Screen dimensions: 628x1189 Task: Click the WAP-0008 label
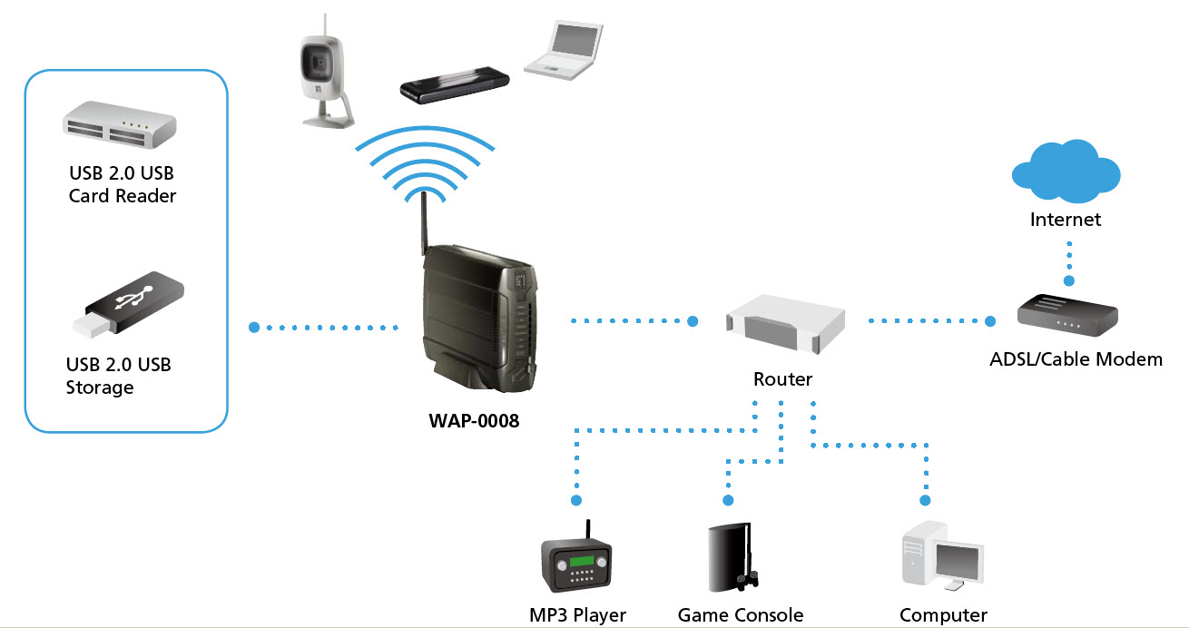474,421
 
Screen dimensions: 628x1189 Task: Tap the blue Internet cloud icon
1066,172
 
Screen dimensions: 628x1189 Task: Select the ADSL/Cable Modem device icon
1066,316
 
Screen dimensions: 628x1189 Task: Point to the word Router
782,379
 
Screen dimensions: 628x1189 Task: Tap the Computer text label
943,615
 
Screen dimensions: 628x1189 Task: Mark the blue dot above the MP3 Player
575,500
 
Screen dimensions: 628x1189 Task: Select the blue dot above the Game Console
726,500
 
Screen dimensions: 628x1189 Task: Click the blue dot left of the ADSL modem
991,320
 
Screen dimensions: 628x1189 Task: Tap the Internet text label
1065,220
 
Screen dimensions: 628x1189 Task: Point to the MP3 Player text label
577,615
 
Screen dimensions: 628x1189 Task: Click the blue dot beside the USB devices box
254,326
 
